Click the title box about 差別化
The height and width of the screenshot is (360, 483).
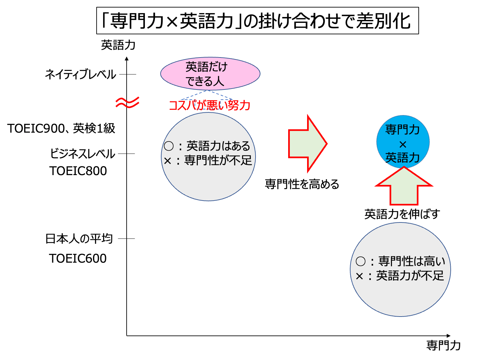(257, 21)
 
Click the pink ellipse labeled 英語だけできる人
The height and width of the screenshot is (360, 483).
(210, 74)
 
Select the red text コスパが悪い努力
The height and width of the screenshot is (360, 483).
(210, 106)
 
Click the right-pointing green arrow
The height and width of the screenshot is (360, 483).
(307, 143)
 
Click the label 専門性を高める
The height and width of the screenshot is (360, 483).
(302, 184)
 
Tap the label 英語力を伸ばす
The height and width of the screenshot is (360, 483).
(402, 214)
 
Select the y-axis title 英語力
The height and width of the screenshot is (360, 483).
(118, 45)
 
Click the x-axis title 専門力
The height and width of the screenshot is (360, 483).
(444, 345)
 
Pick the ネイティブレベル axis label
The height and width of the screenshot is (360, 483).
(81, 74)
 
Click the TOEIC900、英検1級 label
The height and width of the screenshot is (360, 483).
(61, 128)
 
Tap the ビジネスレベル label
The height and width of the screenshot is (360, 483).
(83, 154)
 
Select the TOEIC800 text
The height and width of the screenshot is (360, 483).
(78, 171)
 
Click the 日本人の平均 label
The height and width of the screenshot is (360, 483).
(79, 239)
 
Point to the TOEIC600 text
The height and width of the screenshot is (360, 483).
(78, 258)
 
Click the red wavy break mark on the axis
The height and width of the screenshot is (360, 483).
(127, 103)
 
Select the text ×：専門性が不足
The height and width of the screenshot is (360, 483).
(208, 160)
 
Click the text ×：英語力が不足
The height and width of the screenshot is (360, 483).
(400, 276)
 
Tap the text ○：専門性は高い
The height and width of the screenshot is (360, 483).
(400, 261)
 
